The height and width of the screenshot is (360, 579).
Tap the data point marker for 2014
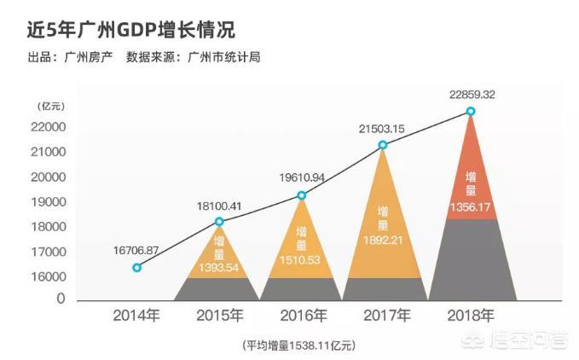[136, 267]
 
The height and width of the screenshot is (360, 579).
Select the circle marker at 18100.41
[219, 222]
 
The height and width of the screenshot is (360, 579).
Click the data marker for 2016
[301, 195]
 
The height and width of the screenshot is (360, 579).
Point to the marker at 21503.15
[383, 145]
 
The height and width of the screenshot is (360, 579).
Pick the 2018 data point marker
[471, 112]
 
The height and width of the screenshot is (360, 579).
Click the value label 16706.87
[136, 250]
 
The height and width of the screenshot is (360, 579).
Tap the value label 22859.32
[471, 95]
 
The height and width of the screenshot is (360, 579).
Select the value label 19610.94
[301, 177]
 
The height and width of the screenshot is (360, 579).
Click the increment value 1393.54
[218, 268]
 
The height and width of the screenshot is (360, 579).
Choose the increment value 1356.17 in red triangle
[471, 206]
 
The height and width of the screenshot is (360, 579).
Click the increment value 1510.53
[301, 260]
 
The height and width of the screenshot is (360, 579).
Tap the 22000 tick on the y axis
[49, 127]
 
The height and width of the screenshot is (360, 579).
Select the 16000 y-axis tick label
[49, 276]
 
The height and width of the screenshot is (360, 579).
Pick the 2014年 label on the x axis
[136, 316]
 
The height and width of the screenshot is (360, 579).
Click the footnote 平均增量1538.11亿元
[298, 345]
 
